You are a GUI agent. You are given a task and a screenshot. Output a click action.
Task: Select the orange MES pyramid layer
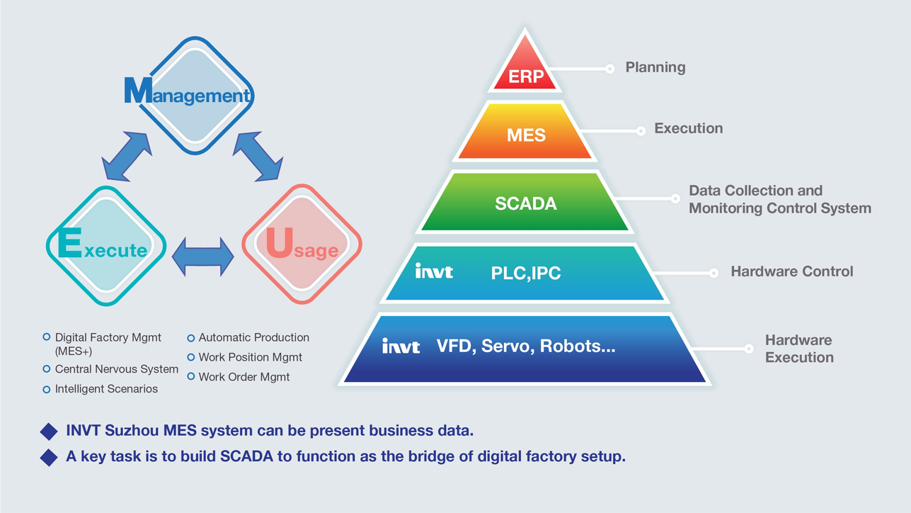[526, 135]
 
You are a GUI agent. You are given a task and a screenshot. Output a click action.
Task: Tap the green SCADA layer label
[526, 204]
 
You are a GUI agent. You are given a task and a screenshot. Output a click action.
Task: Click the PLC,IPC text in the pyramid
[526, 274]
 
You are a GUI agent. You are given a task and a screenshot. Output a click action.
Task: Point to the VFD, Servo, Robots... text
[525, 346]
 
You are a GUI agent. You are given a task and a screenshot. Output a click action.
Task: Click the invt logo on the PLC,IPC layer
[434, 271]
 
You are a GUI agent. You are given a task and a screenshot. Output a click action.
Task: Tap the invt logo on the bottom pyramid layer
[401, 346]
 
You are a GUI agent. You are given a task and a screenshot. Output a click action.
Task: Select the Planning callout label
[655, 68]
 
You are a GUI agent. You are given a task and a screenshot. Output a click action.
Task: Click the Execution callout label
[688, 129]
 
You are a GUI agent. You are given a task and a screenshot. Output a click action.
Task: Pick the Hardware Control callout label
[791, 272]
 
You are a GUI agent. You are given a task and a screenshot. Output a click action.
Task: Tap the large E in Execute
[70, 244]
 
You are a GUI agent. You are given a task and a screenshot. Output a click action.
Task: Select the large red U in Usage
[279, 243]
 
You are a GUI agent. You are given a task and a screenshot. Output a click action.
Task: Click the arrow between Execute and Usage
[203, 256]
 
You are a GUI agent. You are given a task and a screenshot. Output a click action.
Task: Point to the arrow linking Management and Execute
[127, 156]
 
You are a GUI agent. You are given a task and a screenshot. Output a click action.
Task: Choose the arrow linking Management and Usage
[258, 156]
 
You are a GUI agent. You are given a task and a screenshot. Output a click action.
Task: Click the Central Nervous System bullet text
[117, 369]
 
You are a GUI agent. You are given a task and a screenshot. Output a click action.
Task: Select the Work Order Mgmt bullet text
[244, 377]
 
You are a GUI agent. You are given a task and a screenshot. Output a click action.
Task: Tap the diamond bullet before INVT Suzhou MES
[49, 431]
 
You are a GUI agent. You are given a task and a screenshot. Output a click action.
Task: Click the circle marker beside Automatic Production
[190, 338]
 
